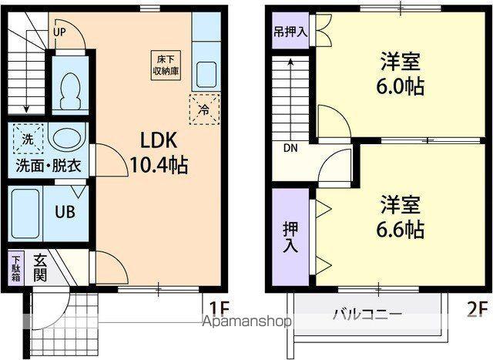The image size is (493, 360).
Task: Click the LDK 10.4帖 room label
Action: point(159,151)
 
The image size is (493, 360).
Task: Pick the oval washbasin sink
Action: point(68,140)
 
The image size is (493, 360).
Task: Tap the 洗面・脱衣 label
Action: point(49,166)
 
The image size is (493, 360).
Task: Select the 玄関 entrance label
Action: point(42,267)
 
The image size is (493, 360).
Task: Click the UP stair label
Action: point(60,32)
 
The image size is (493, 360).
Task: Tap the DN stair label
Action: point(291,148)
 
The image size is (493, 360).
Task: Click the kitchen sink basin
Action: point(205,76)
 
